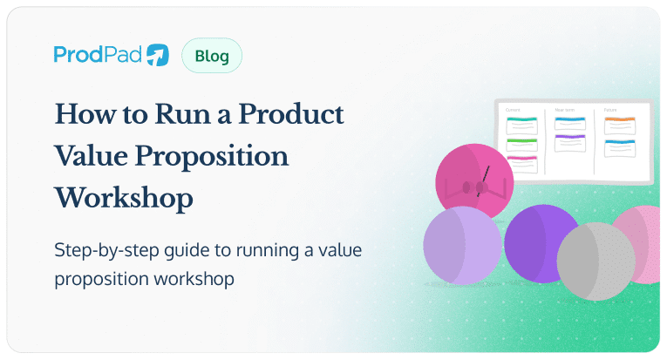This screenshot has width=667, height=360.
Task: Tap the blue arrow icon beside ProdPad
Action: coord(158,56)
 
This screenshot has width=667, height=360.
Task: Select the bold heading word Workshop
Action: coord(123,198)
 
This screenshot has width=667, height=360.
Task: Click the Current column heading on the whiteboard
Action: coord(514,111)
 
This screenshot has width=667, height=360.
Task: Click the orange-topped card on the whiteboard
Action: coord(620,126)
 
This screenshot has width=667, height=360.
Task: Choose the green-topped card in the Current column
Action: coord(521,144)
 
